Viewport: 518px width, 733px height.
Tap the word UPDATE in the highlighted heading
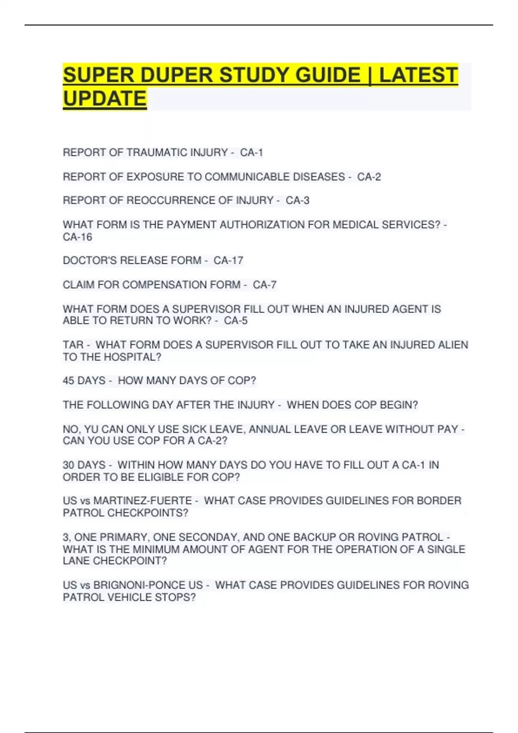[105, 99]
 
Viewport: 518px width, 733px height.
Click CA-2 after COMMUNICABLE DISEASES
[369, 177]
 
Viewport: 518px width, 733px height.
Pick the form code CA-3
[297, 200]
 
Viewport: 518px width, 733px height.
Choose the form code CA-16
[78, 237]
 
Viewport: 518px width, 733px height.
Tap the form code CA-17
[228, 260]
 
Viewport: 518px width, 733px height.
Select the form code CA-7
[264, 285]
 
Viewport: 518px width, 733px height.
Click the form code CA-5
[236, 320]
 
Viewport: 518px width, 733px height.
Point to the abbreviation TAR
[73, 345]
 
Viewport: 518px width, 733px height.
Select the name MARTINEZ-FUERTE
[143, 501]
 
